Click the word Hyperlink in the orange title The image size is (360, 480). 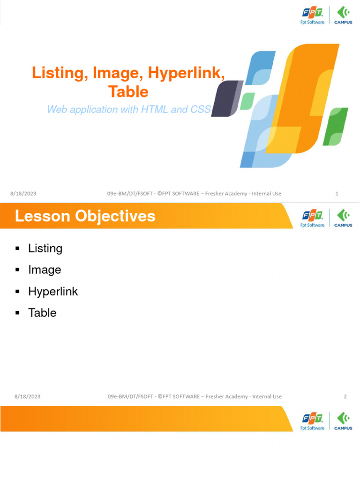click(186, 73)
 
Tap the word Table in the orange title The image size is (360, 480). click(128, 91)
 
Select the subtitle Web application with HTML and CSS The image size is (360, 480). click(129, 110)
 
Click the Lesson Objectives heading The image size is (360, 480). click(85, 216)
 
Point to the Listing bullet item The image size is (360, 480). click(45, 248)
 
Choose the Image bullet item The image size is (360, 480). click(45, 270)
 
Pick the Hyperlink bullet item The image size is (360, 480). click(53, 292)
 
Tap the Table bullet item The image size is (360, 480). click(42, 313)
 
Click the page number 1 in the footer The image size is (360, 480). click(337, 194)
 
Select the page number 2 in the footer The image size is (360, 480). click(345, 397)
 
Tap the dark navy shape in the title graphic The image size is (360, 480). click(226, 98)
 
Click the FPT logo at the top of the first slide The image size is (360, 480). click(312, 15)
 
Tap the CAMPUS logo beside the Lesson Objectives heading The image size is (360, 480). click(343, 218)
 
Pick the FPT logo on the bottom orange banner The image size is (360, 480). click(312, 421)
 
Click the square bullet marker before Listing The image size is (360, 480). click(17, 248)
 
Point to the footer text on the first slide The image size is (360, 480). click(195, 194)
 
